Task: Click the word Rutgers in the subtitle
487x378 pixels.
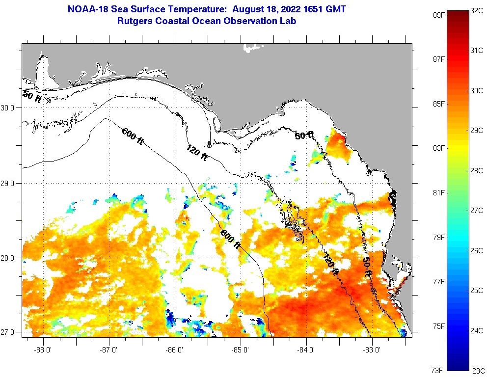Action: (135, 21)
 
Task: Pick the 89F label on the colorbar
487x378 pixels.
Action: (438, 15)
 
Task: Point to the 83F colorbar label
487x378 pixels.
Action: (438, 148)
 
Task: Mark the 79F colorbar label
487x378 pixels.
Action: (438, 237)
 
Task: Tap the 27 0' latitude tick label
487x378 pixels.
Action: (10, 332)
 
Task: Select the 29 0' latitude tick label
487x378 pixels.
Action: (10, 184)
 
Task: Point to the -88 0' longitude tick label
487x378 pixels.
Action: (43, 350)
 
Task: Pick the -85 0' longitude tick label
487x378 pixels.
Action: (241, 350)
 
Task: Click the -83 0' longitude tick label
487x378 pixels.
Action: (372, 350)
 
